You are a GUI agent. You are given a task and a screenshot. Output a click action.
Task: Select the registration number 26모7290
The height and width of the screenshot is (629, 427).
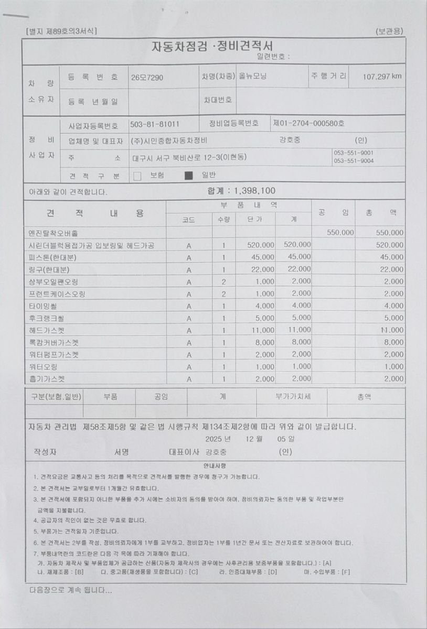147,78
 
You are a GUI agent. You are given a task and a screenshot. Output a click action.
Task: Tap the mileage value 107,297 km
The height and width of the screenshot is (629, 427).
382,77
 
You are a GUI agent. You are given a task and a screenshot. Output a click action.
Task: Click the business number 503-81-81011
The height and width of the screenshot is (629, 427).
154,125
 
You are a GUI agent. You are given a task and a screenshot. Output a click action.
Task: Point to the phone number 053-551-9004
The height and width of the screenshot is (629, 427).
354,161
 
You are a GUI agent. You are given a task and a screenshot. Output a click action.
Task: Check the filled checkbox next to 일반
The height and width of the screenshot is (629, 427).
189,176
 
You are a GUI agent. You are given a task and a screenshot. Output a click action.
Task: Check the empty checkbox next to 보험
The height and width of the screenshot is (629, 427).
137,176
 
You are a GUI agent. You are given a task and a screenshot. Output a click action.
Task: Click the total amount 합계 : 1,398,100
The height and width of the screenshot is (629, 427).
241,191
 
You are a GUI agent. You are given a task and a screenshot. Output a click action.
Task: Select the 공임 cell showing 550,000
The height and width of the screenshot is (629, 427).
340,233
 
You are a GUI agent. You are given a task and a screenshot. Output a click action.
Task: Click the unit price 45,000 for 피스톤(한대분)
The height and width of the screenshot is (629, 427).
262,257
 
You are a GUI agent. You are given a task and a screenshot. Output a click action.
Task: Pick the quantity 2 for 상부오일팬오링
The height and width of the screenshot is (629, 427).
223,281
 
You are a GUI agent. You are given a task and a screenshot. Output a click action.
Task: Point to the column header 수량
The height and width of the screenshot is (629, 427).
223,220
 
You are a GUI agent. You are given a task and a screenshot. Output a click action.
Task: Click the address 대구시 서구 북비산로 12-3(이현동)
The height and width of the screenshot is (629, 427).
189,157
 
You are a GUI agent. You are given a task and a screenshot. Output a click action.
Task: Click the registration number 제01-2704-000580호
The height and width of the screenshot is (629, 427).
308,124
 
